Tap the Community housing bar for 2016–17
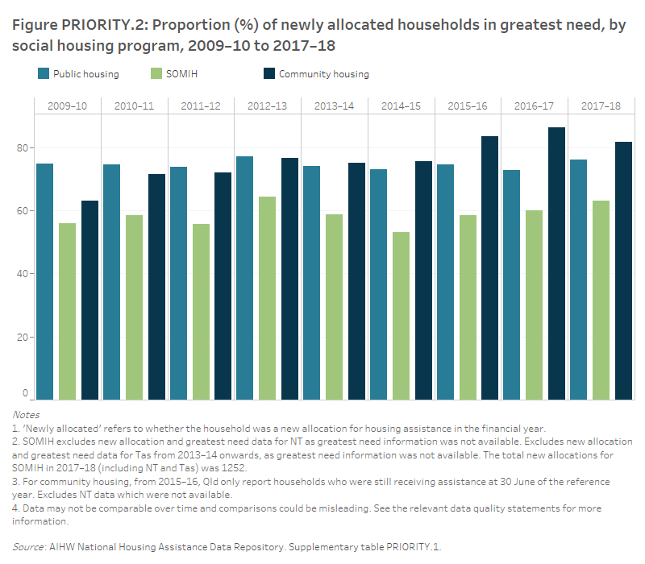click(x=556, y=263)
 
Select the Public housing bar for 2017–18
click(x=578, y=279)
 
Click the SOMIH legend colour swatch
click(x=156, y=74)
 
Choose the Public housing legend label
click(x=85, y=74)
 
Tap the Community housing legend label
click(x=323, y=74)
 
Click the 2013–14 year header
click(x=334, y=106)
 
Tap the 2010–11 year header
click(x=134, y=106)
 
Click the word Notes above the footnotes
click(x=26, y=415)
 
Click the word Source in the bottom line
click(x=30, y=546)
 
